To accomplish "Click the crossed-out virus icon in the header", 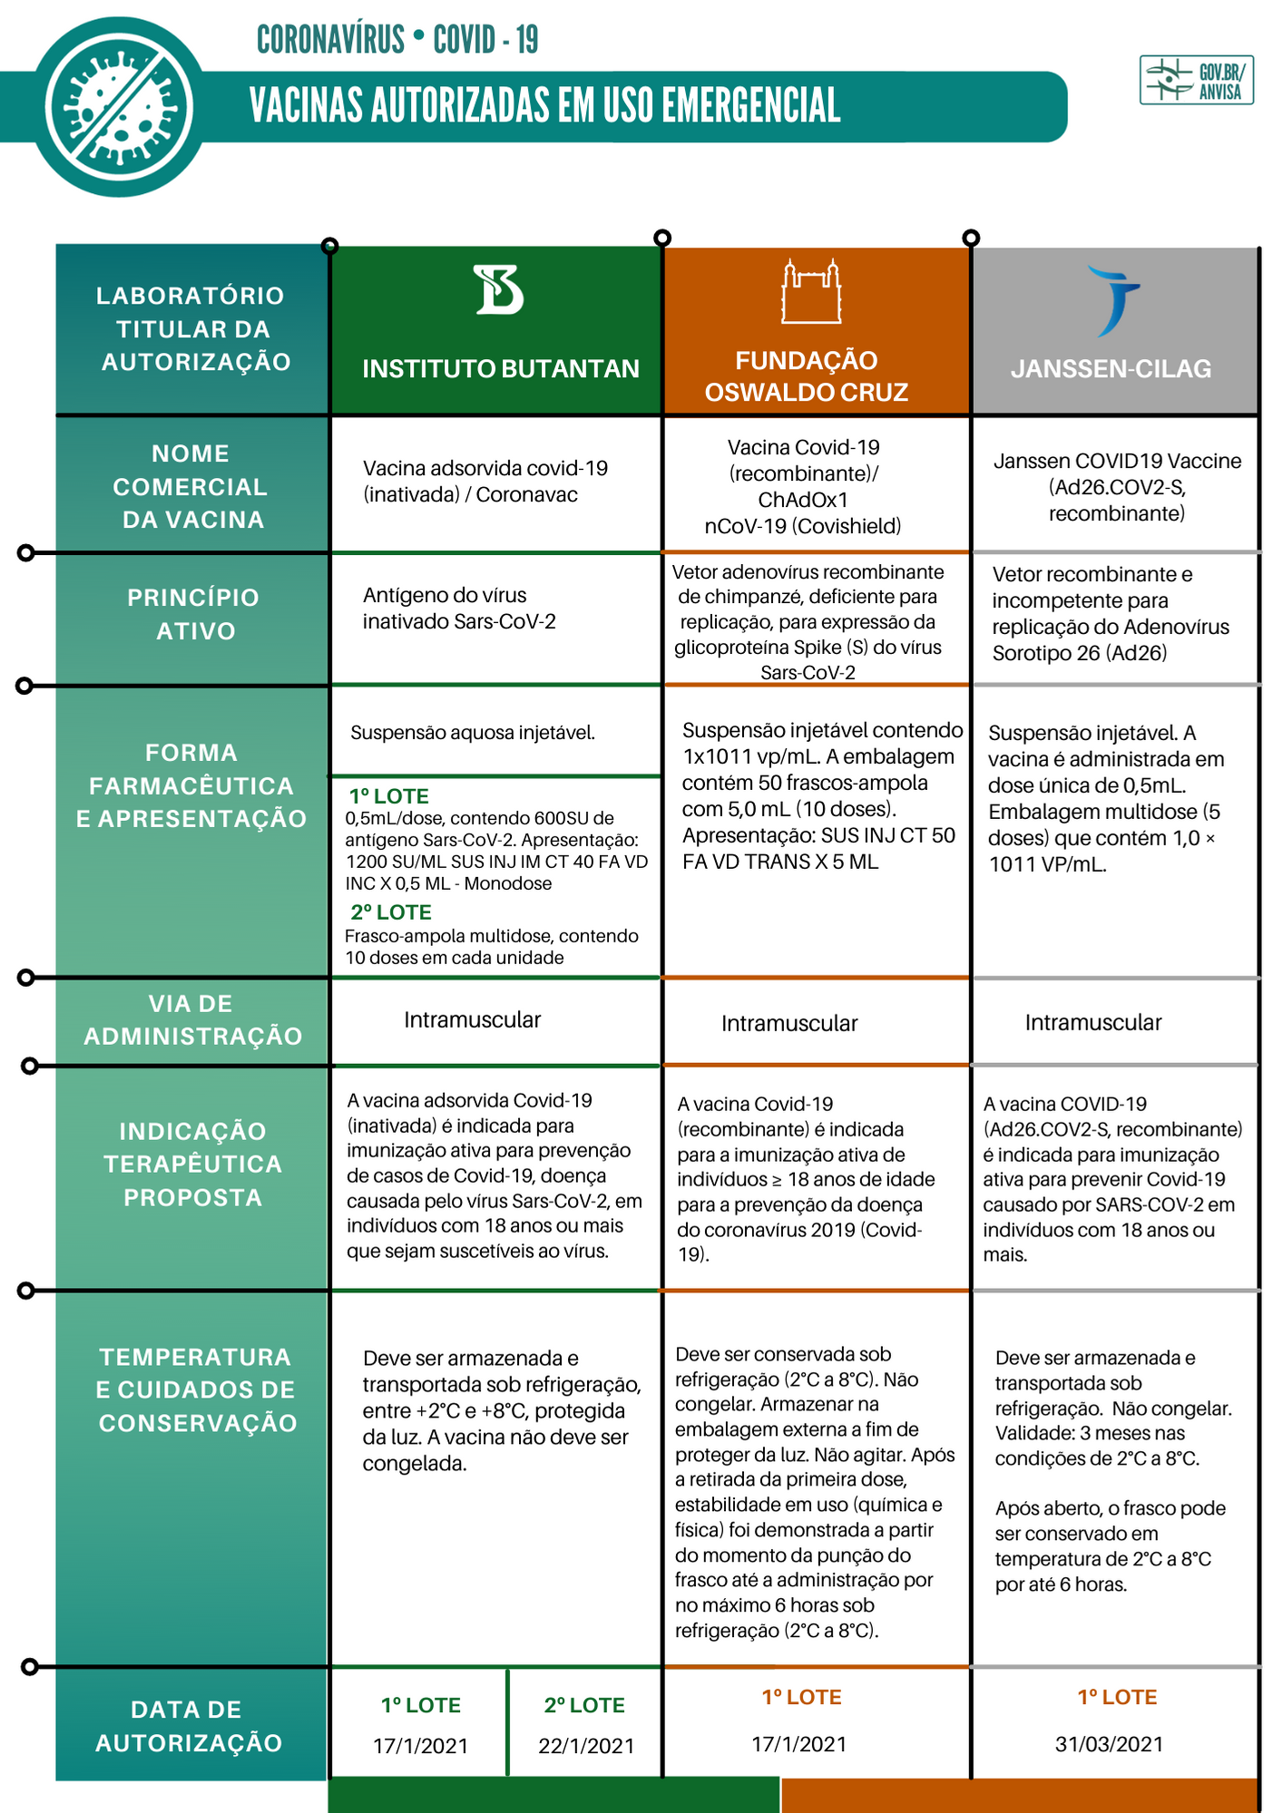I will pos(120,107).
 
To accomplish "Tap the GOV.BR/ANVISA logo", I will pos(1196,81).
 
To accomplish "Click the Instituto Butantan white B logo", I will pos(499,289).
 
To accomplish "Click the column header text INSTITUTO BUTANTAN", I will pos(500,368).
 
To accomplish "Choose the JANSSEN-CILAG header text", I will pos(1111,369).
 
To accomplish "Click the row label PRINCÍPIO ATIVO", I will pos(193,614).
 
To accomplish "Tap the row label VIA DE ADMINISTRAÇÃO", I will pos(192,1019).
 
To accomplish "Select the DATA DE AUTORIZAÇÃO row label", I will pos(189,1726).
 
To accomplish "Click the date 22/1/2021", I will pos(586,1746).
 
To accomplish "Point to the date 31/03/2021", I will pos(1109,1744).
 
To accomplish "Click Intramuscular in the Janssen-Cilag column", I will pos(1092,1023).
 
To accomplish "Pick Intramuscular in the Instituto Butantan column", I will pos(472,1020).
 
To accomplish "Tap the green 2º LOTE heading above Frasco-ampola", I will pos(391,912).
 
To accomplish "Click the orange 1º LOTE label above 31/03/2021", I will pos(1117,1697).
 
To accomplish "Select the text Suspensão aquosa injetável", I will pos(473,733).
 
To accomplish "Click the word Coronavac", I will pos(526,494).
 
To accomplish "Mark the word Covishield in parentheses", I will pos(849,526).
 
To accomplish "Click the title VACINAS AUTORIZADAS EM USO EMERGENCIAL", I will pos(544,105).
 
